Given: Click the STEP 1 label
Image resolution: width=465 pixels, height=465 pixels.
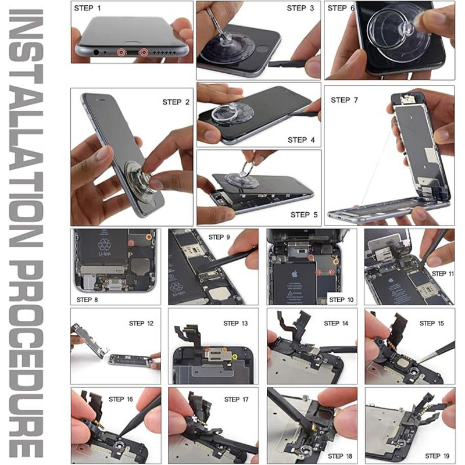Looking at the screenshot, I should click(x=87, y=8).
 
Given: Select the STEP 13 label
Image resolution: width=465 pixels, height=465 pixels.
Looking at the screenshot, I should click(x=235, y=323).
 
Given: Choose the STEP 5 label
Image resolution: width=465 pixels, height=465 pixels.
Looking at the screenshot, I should click(x=303, y=214).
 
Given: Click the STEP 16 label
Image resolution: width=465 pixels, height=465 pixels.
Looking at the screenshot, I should click(x=121, y=399).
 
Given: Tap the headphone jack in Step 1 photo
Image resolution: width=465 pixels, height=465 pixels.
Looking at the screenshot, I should click(x=95, y=52).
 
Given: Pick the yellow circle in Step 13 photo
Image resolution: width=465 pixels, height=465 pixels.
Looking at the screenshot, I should click(x=234, y=355).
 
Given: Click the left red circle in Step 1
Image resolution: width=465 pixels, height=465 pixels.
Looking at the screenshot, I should click(x=121, y=52).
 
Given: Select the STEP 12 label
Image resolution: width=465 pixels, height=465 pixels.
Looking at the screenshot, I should click(x=141, y=323).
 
